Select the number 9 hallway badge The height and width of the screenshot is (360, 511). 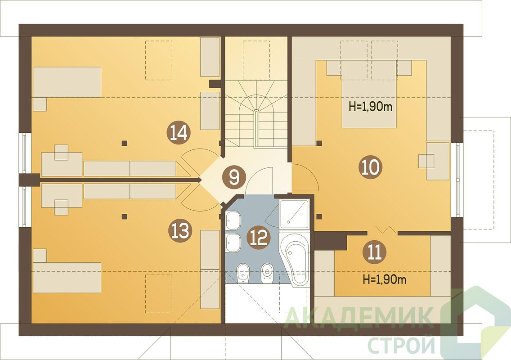coord(233,178)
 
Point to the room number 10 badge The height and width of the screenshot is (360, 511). coord(371,167)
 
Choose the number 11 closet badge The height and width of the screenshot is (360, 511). coord(375,252)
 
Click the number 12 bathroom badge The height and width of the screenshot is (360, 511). coord(260,238)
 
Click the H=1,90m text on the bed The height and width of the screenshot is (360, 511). coord(371,107)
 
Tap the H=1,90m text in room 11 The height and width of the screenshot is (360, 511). coord(385,279)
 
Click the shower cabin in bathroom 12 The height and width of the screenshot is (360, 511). coord(294,214)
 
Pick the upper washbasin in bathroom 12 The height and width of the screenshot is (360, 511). coord(233,221)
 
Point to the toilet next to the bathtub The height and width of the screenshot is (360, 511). coord(267,273)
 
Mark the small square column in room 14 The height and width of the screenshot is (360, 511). coord(124,143)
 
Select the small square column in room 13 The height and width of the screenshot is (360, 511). coord(124,216)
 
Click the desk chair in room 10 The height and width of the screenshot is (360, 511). coord(426,161)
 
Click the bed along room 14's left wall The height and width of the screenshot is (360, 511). coord(67,82)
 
